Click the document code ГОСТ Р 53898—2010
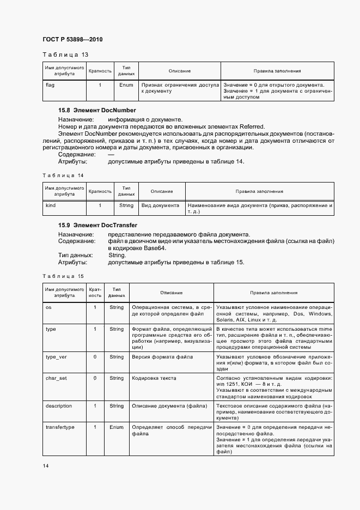click(x=72, y=39)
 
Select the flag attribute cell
click(x=50, y=85)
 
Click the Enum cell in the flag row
click(x=126, y=85)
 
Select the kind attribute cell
click(x=50, y=205)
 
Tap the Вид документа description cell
click(x=160, y=205)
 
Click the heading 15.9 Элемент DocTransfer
click(x=97, y=225)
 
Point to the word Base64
click(x=154, y=248)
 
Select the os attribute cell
click(x=48, y=307)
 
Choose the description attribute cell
click(x=59, y=406)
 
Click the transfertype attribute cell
click(x=60, y=427)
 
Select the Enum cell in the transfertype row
click(x=117, y=427)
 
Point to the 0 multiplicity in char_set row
click(x=95, y=378)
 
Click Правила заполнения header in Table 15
click(x=273, y=293)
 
